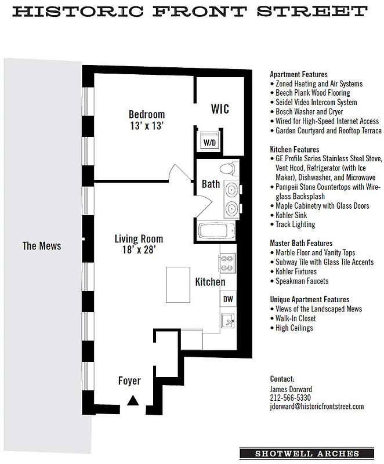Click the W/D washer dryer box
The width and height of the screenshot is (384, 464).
click(208, 142)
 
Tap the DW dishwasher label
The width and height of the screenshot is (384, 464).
click(228, 300)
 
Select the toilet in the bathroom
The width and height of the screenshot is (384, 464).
click(227, 169)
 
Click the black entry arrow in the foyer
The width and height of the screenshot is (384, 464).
click(133, 400)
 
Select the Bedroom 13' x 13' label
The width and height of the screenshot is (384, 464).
click(147, 119)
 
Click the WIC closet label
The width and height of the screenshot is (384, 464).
click(220, 109)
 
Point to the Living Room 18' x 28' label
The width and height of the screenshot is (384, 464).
click(139, 244)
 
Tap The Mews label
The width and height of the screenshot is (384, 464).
click(42, 246)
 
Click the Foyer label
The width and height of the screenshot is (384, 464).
click(129, 381)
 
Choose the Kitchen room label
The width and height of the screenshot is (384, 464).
click(210, 282)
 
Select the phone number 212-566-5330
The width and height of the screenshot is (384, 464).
click(290, 398)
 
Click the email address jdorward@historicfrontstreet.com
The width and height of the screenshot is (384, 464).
click(317, 407)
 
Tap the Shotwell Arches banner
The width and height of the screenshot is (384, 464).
click(307, 454)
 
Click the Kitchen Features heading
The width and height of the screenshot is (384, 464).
click(295, 150)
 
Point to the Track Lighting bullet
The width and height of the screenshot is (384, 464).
click(295, 224)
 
